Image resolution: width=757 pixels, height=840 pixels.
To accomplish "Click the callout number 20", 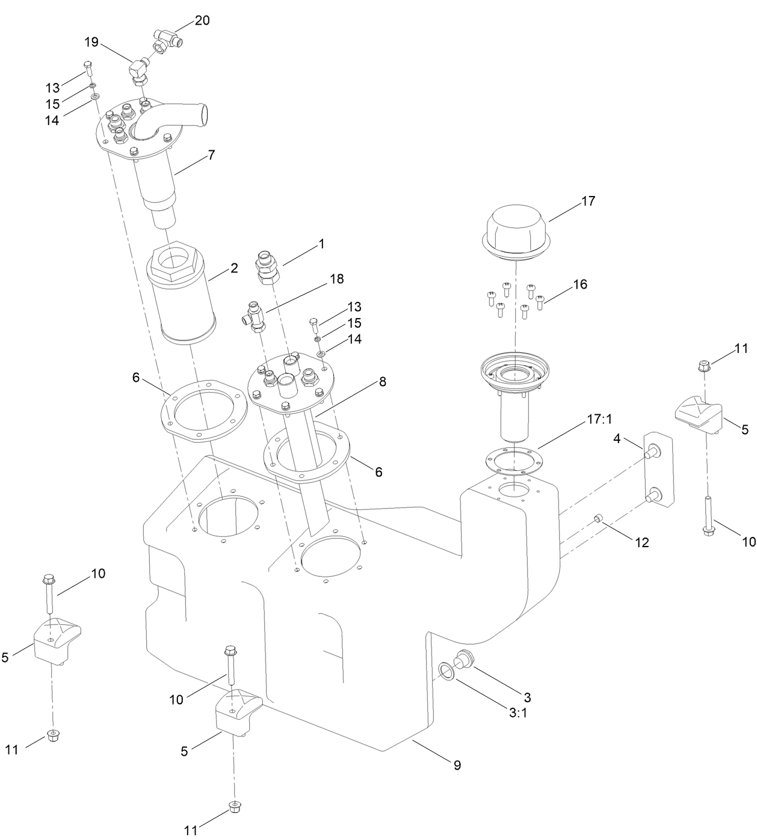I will (202, 20).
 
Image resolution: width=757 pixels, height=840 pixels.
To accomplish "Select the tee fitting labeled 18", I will (256, 315).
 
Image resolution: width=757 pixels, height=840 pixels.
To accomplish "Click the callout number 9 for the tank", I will (457, 765).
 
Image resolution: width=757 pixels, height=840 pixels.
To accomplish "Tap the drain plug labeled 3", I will (463, 659).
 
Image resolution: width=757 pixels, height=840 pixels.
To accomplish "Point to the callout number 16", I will (579, 284).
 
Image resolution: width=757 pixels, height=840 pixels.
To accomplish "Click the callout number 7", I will (211, 155).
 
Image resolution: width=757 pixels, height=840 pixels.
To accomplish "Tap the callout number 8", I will (382, 381).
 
